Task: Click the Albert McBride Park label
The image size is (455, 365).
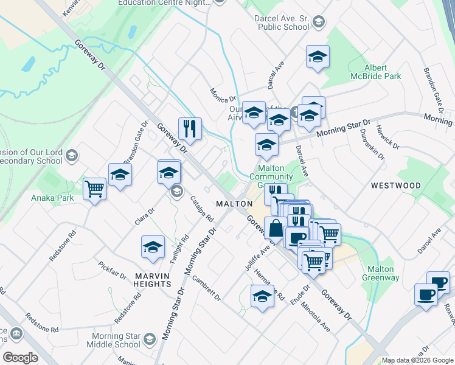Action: pos(383,72)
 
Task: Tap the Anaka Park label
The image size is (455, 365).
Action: pos(53,198)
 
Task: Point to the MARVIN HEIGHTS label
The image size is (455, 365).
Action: pos(153,279)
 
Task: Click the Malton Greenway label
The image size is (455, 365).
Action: pos(381,273)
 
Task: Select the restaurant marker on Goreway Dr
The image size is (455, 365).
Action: pos(190,128)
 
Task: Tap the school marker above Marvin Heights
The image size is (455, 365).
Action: pos(153,247)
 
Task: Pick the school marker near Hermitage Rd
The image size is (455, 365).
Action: pos(262,296)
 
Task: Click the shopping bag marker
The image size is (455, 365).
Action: pos(276,229)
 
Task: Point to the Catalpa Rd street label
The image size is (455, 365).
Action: pos(202,207)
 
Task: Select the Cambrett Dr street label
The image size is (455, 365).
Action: pos(206,287)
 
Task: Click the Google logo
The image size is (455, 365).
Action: pos(20,357)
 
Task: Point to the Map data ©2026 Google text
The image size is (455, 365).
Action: pos(417,360)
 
